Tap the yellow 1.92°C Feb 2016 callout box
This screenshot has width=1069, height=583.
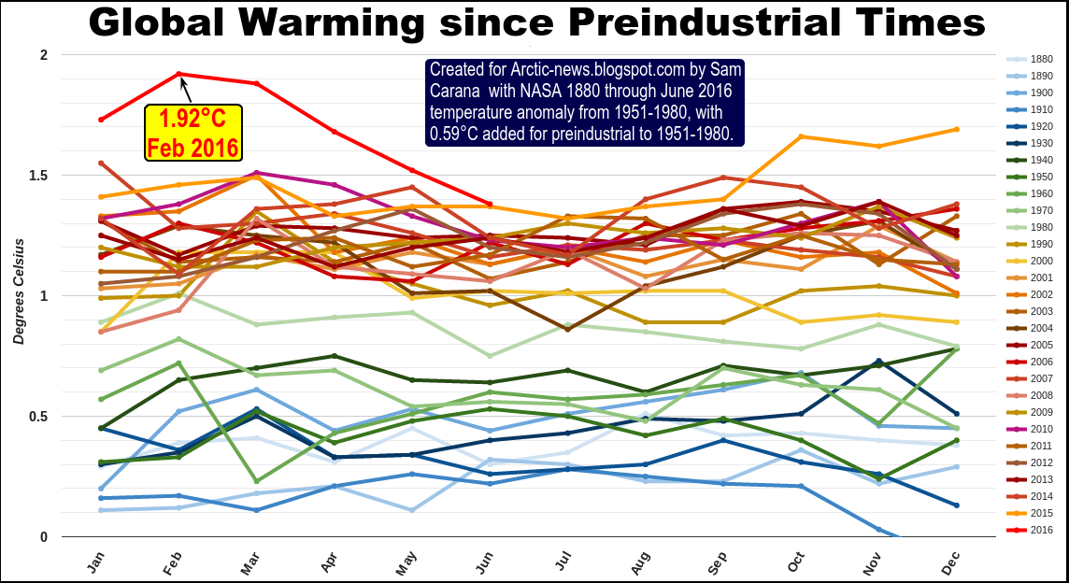click(x=192, y=133)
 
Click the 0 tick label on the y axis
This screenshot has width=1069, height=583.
click(x=42, y=537)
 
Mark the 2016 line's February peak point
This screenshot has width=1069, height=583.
click(x=178, y=74)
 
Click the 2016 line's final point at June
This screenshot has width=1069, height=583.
click(x=489, y=204)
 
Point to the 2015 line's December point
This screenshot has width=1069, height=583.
click(x=955, y=129)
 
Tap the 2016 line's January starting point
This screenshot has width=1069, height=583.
click(x=101, y=120)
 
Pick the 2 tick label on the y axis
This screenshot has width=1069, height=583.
click(x=42, y=55)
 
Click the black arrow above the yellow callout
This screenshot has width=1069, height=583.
click(x=185, y=90)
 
